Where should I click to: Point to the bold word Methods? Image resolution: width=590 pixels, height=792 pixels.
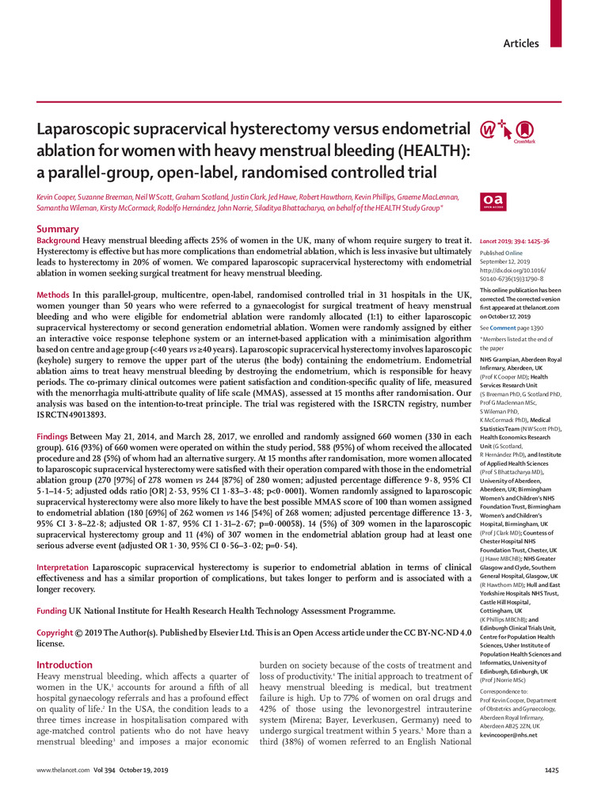(53, 295)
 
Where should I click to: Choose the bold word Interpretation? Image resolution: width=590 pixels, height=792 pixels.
(66, 568)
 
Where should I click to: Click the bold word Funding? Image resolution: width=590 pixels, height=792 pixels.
(54, 611)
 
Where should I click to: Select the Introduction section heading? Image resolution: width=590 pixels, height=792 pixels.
(65, 665)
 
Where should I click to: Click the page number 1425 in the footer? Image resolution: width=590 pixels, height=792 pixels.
(552, 771)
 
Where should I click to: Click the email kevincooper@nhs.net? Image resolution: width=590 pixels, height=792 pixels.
(508, 735)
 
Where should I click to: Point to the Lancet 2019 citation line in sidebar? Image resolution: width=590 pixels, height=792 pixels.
(512, 240)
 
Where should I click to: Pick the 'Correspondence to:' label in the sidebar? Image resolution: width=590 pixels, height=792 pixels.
(507, 691)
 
